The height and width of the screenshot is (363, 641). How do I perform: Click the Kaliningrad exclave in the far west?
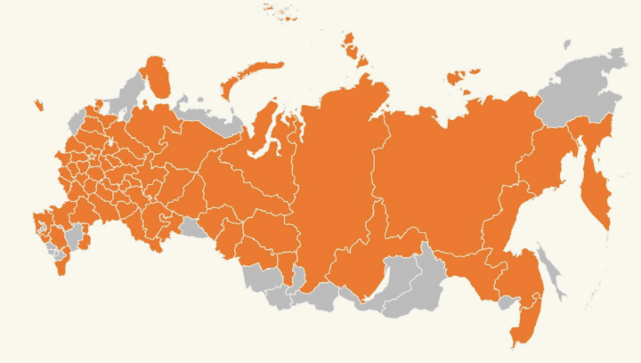38,105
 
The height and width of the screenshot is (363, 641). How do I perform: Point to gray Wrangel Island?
566,44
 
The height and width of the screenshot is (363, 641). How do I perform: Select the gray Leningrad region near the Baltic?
89,117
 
